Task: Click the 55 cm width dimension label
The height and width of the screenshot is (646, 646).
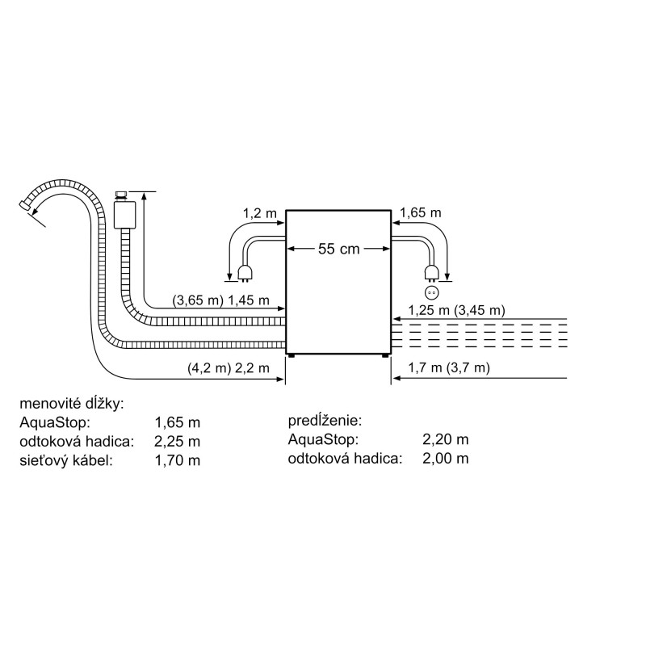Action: point(338,249)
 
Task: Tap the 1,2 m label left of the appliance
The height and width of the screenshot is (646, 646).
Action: point(259,213)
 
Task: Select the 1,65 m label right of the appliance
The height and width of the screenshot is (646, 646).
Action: point(420,212)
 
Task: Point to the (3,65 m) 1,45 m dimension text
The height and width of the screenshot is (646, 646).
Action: point(220,300)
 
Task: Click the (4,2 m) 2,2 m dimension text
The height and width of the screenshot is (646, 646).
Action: point(229,367)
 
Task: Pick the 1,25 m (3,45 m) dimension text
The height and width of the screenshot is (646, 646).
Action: point(456,310)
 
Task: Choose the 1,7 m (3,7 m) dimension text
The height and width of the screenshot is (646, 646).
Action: point(449,367)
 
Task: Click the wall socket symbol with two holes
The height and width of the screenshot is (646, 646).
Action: point(432,293)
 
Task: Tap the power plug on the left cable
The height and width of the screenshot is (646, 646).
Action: point(245,274)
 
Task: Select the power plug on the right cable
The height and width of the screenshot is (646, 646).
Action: point(432,274)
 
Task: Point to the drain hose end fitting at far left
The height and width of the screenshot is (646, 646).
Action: point(25,207)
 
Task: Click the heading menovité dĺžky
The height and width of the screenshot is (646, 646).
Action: point(72,404)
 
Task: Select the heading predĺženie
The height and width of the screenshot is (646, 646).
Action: point(325,421)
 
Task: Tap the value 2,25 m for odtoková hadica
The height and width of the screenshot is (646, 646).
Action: point(177,442)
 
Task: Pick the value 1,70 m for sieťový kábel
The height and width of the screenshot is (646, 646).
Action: point(177,460)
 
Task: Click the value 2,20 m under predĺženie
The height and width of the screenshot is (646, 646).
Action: point(446,439)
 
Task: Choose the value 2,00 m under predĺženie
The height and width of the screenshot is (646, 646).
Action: point(446,458)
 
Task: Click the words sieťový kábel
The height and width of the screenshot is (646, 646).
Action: point(66,460)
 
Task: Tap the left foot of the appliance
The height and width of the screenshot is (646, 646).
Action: point(292,356)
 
